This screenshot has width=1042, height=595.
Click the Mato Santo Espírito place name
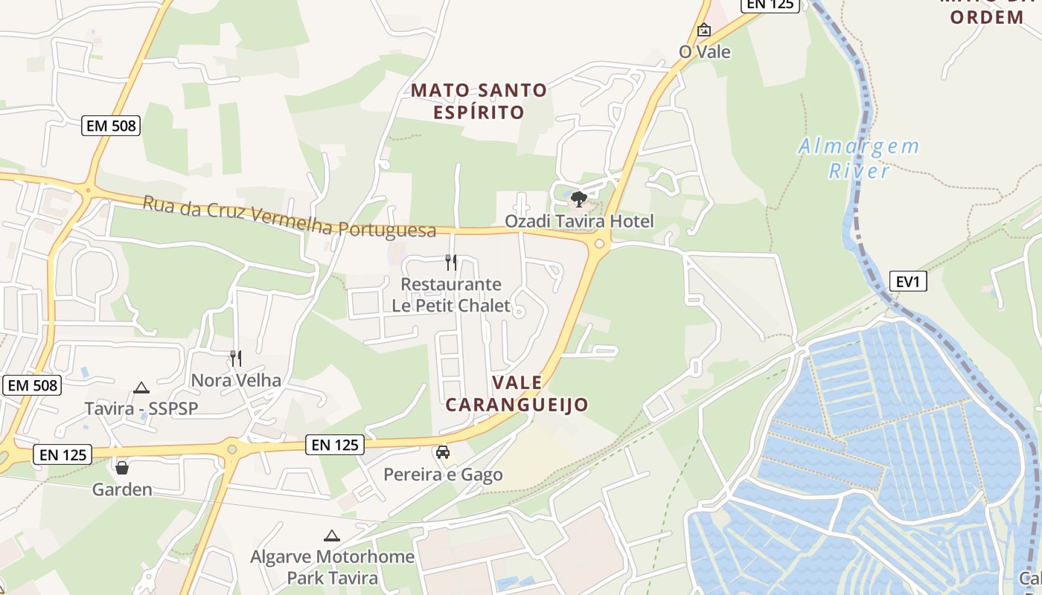click(479, 101)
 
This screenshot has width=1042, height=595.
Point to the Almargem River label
click(859, 158)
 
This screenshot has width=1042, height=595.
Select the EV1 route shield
click(908, 281)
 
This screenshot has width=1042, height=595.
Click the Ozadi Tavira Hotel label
click(579, 221)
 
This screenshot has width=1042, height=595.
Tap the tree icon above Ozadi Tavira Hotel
click(579, 199)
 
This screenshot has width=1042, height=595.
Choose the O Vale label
click(704, 52)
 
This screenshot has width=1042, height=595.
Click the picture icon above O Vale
click(704, 30)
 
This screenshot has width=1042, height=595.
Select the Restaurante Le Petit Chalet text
click(451, 295)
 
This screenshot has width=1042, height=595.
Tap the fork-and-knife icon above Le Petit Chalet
click(451, 262)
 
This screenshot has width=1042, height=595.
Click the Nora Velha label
click(236, 380)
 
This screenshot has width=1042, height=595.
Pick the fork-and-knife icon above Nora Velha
click(236, 358)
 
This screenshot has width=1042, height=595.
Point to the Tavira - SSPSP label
click(141, 408)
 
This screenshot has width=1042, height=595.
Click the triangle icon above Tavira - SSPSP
click(141, 387)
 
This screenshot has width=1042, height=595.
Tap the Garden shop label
click(122, 489)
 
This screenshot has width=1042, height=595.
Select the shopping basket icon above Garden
click(122, 468)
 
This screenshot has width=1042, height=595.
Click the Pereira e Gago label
click(443, 475)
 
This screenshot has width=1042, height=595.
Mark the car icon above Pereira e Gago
click(443, 452)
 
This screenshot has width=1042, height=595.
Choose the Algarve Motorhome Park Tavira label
click(332, 567)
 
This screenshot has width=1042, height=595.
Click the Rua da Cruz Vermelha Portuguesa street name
click(289, 216)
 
